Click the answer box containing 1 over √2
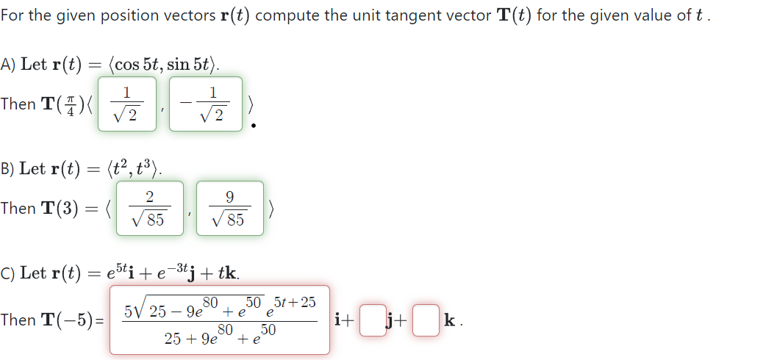point(127,104)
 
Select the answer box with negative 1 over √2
point(206,104)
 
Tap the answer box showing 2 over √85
point(149,208)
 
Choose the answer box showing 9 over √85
point(230,208)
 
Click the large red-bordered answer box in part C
point(219,320)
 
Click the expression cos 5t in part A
point(137,65)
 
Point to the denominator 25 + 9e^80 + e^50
point(219,339)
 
